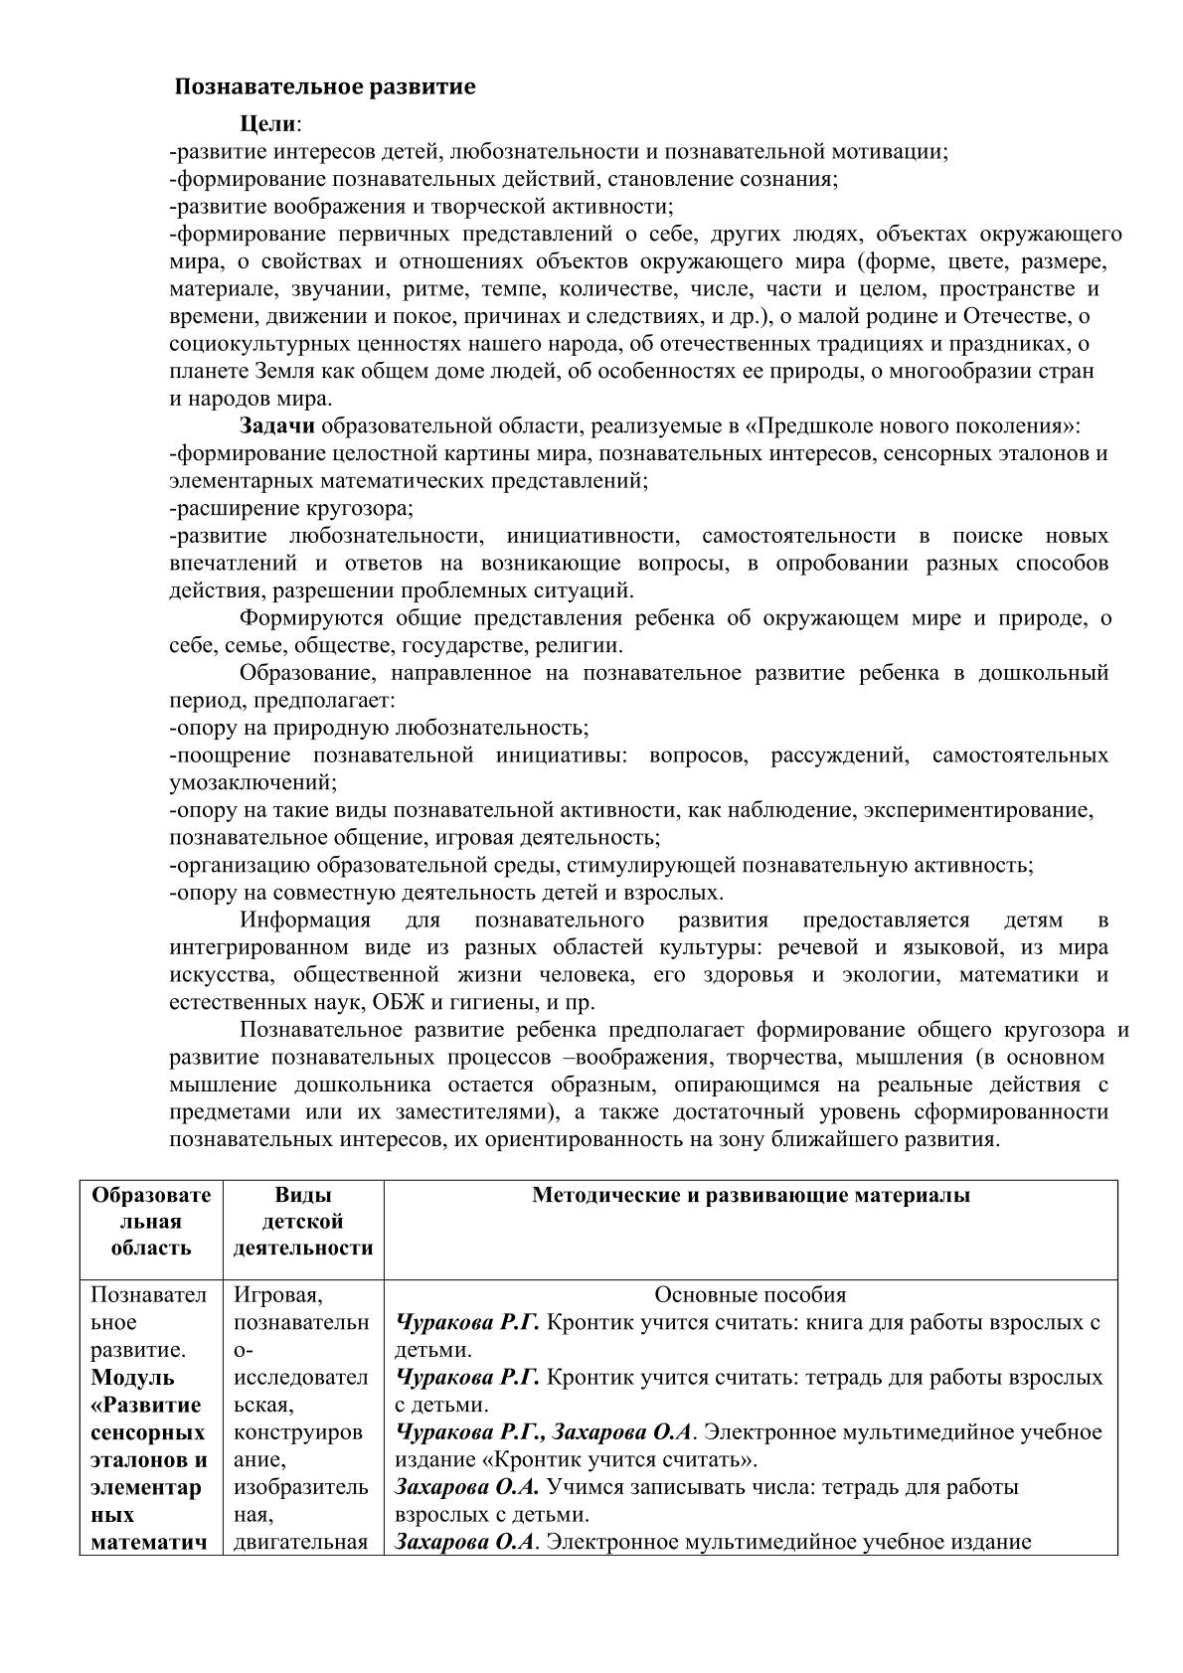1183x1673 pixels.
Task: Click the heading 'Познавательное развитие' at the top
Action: pos(325,86)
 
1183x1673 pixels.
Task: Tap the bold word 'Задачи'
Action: pos(277,426)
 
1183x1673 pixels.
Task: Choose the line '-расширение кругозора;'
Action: pos(291,508)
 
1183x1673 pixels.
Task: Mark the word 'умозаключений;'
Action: pos(253,782)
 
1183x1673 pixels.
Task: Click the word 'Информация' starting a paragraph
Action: pos(305,920)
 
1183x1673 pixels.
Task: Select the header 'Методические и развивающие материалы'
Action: pos(751,1195)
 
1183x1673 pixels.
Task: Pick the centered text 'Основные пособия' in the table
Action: pos(751,1295)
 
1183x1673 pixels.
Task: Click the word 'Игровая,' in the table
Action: pos(277,1295)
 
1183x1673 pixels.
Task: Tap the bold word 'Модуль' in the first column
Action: pos(133,1378)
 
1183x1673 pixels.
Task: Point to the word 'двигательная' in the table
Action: pos(301,1543)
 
